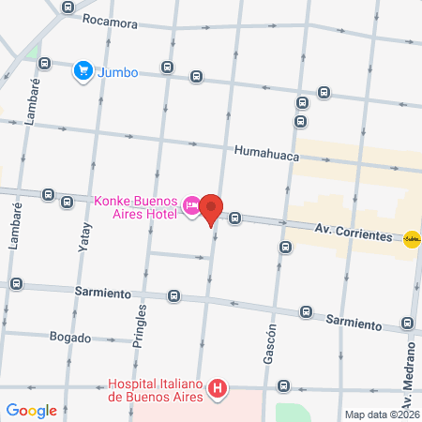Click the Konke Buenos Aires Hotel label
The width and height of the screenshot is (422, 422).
point(137,206)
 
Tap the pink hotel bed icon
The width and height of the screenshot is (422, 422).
point(191,205)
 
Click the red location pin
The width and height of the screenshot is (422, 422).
point(212,210)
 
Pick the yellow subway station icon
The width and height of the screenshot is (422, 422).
point(411,239)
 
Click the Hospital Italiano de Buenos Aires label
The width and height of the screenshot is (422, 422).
point(156,389)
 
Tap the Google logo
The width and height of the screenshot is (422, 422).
point(31,410)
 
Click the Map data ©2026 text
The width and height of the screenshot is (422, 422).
point(381,414)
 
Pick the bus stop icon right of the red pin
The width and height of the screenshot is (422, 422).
point(235,219)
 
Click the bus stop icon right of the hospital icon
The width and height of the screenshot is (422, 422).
point(282,385)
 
